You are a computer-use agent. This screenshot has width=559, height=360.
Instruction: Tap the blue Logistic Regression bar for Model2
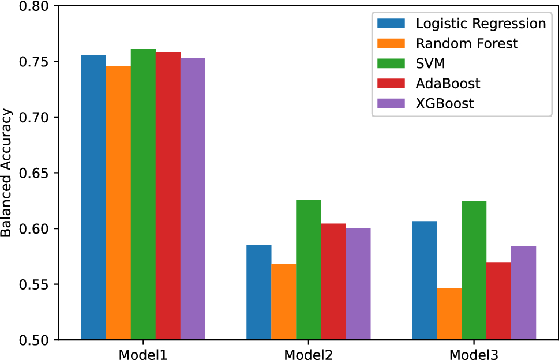pos(258,292)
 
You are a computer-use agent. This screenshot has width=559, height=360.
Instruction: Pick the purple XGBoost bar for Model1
pos(193,199)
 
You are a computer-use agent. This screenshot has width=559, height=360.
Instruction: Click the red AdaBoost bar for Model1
pos(168,196)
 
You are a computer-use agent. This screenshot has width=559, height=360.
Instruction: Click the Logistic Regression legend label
pos(481,24)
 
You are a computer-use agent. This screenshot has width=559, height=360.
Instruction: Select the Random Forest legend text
pos(467,43)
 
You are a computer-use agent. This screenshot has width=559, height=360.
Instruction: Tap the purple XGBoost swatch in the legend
pos(392,103)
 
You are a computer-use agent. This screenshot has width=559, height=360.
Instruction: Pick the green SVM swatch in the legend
pos(392,63)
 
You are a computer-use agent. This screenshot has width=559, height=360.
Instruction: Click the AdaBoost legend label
pos(448,83)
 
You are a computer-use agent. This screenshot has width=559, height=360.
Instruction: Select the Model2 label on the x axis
pos(308,353)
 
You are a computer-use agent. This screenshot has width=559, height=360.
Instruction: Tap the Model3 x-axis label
pos(474,353)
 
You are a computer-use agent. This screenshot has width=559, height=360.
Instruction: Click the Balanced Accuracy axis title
pos(7,174)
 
